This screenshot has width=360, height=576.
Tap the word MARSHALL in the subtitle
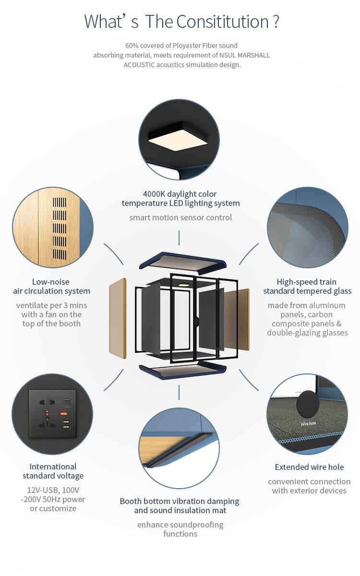(x=249, y=55)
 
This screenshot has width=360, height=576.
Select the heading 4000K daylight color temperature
(x=180, y=199)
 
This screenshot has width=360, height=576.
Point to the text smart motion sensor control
(x=180, y=217)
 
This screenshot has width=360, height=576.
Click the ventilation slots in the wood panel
(x=59, y=228)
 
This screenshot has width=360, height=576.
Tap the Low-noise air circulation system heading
(x=52, y=287)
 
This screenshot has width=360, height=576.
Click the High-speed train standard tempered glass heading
(x=307, y=287)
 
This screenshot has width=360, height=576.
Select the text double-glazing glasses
(x=307, y=333)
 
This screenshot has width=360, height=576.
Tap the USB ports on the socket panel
(x=66, y=424)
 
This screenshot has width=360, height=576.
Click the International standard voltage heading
(x=53, y=471)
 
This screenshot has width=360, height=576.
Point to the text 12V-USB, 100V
(x=53, y=490)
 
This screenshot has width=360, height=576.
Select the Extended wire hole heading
(x=309, y=467)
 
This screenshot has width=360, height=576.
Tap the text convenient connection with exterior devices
(x=309, y=486)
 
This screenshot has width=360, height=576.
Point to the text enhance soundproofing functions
(x=180, y=529)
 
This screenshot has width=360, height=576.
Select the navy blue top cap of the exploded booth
(x=182, y=262)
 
